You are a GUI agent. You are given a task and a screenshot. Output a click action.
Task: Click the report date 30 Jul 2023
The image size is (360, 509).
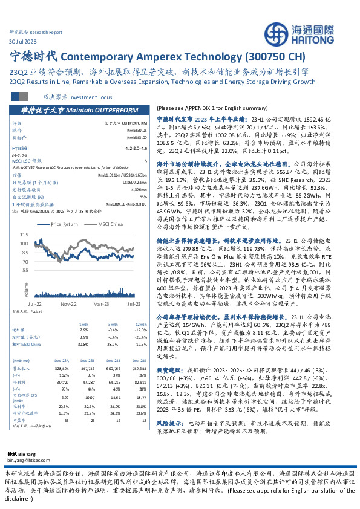[x=23, y=40]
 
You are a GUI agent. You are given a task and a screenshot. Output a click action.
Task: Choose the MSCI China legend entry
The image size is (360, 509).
[x=107, y=224]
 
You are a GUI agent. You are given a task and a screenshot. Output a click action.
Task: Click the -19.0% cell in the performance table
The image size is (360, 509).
[x=140, y=329]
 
